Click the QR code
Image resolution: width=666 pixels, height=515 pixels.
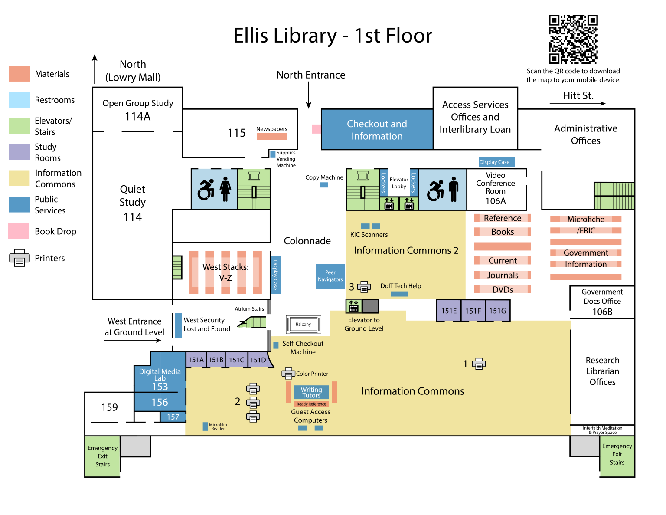(573, 39)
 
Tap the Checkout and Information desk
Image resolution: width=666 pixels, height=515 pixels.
(377, 130)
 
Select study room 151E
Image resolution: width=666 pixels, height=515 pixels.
(449, 311)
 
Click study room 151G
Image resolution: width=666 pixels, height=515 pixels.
(497, 311)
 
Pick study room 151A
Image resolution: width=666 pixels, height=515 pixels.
(196, 360)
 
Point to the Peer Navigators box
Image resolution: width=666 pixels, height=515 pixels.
(330, 276)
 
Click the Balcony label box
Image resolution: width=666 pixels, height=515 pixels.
(304, 324)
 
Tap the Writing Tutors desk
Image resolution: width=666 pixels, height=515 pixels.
(311, 392)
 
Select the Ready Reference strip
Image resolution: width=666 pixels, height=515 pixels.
(311, 404)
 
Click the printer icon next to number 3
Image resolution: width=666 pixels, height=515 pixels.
(364, 287)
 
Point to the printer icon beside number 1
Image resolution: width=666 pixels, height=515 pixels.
(479, 364)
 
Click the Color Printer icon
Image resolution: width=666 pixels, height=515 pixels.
(288, 373)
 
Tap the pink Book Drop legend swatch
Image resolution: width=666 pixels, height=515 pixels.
(19, 231)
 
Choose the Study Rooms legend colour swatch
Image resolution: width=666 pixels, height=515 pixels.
(19, 152)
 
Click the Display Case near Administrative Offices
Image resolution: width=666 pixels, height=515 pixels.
(496, 162)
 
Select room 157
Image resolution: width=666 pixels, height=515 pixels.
(173, 417)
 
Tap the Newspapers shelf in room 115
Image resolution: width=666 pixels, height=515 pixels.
(271, 136)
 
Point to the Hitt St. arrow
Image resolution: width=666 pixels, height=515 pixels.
(577, 103)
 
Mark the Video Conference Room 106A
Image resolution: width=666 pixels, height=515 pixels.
(496, 188)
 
